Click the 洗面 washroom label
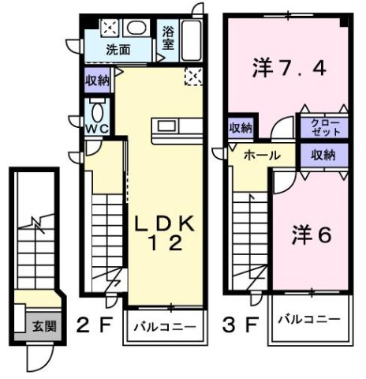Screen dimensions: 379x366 tap(119, 50)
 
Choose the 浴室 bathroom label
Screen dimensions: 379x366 tap(168, 39)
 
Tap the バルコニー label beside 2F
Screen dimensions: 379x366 tap(159, 324)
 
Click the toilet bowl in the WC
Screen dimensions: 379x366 tap(96, 109)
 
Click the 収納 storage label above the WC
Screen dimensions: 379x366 tap(99, 80)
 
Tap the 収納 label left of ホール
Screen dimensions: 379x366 tap(241, 128)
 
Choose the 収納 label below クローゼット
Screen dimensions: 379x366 tap(323, 154)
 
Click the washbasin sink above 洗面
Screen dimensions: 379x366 tap(135, 28)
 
